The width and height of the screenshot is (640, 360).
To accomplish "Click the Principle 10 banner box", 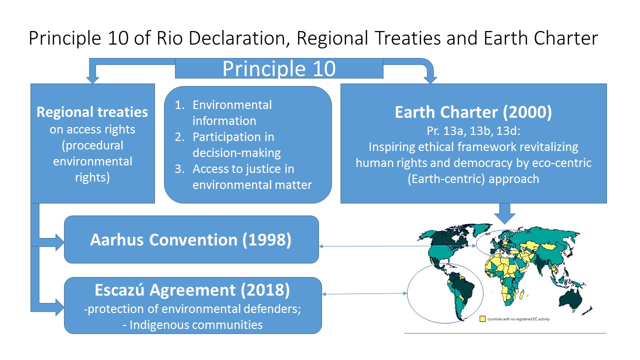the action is (279, 68).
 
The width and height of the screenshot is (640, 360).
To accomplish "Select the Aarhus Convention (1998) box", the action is (191, 239).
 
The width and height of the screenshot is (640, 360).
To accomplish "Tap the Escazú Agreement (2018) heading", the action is (192, 290).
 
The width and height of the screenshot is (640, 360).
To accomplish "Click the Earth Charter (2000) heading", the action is (473, 112).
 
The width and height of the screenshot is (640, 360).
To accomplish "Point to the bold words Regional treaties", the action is (92, 112).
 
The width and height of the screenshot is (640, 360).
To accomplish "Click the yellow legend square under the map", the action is (482, 319).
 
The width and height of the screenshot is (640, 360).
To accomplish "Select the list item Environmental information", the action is (232, 113).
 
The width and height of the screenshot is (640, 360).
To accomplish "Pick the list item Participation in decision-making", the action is (236, 145).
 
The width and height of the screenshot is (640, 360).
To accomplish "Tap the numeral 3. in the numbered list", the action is (179, 169).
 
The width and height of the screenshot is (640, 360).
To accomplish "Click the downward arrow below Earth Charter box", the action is (504, 213).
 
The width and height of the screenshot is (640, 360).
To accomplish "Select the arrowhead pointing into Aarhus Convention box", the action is (59, 242).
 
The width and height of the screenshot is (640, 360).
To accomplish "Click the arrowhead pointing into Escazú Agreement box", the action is (59, 307).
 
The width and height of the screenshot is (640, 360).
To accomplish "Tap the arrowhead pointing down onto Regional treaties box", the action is (92, 79).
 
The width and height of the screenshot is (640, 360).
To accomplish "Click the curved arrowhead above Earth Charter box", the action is (430, 79).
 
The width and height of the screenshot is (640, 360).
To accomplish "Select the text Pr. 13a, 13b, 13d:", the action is (473, 131).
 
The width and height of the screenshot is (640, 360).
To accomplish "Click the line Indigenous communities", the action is (192, 325).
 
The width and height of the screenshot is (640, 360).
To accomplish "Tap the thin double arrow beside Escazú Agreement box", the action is (364, 293).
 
